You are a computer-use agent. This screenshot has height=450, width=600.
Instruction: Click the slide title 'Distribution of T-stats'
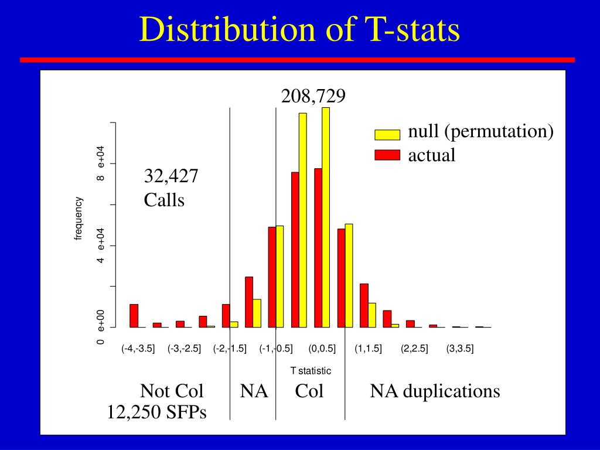click(299, 29)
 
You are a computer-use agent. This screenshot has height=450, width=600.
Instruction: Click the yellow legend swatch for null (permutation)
click(387, 135)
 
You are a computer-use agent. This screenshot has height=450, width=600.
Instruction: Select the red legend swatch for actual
click(387, 155)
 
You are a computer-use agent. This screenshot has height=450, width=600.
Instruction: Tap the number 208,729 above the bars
click(313, 96)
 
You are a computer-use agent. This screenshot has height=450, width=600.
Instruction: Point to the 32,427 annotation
click(171, 176)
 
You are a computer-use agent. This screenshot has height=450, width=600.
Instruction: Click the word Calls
click(164, 200)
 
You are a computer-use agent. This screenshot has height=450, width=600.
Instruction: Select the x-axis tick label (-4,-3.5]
click(138, 349)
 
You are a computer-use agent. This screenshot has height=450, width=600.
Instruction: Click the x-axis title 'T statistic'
click(311, 371)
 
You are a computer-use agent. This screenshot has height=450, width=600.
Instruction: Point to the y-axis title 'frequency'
click(79, 219)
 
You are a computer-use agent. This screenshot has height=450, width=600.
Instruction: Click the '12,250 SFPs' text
click(156, 412)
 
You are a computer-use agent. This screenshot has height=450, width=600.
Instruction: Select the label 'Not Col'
click(172, 391)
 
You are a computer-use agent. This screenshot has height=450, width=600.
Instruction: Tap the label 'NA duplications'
click(435, 391)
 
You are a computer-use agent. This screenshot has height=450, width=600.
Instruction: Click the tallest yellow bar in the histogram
click(326, 217)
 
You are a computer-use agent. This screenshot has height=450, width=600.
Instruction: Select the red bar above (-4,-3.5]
click(134, 315)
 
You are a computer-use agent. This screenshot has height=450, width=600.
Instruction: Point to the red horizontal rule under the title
click(297, 60)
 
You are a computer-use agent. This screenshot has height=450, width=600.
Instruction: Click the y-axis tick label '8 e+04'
click(101, 163)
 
